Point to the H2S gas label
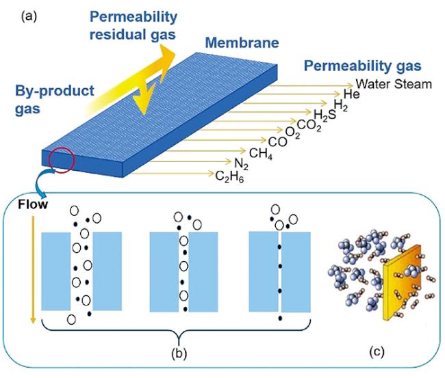(324, 113)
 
